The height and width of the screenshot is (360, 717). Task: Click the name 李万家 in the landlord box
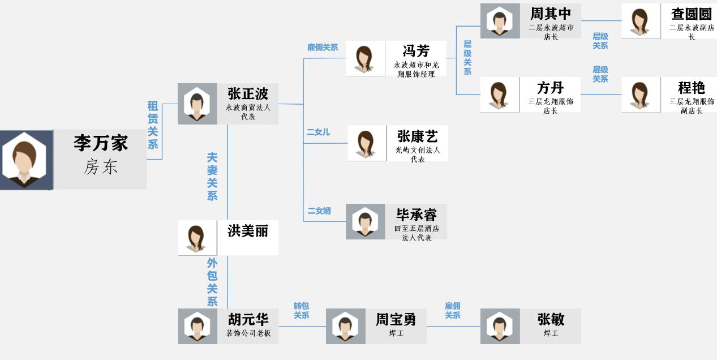[101, 143]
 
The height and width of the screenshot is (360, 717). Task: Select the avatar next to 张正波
[197, 104]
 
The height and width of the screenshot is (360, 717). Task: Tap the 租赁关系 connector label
[152, 125]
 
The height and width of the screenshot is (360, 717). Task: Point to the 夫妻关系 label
[212, 177]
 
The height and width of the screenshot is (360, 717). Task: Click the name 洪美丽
[248, 231]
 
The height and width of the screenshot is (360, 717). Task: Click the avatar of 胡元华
[198, 326]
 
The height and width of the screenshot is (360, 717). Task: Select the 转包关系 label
[301, 311]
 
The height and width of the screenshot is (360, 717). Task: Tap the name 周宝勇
[396, 320]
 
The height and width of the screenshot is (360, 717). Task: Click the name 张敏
[551, 320]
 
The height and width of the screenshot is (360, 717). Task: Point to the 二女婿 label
[319, 211]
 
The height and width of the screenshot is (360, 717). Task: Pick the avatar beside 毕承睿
[365, 221]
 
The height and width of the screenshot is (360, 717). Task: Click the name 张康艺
[418, 136]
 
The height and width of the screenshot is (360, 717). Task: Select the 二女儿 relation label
[318, 132]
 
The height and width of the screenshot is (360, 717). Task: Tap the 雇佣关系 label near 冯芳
[323, 48]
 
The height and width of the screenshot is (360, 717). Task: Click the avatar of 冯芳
[365, 58]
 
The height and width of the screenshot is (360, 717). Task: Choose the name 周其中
[551, 14]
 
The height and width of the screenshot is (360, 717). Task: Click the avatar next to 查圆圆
[641, 22]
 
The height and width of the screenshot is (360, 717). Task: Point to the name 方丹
[551, 88]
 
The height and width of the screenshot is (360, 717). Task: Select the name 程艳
[691, 88]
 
